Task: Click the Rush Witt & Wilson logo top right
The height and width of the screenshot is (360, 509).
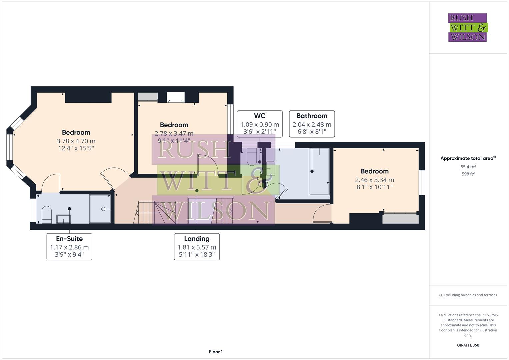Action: pos(467,27)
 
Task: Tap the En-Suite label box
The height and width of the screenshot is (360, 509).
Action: pos(69,247)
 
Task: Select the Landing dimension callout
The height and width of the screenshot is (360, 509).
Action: pos(197,247)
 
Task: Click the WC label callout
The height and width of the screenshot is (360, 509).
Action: pos(260,124)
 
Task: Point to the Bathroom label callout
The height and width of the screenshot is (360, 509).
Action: pos(312,124)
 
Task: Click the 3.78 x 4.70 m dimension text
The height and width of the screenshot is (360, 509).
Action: pos(76,141)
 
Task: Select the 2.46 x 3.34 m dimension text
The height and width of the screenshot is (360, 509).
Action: pos(374,180)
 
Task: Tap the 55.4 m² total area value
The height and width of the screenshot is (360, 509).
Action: pos(468,167)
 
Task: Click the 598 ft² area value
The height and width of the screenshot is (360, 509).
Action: pos(468,174)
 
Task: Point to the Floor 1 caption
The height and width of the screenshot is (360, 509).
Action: pos(216,352)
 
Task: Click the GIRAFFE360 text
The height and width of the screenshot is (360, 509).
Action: pos(468,345)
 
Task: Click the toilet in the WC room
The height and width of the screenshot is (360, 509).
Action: pos(251,157)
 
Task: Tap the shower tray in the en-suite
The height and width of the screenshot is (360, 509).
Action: pos(100,209)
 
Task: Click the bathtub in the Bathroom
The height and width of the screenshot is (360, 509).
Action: pos(319,172)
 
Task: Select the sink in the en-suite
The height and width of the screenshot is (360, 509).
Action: pos(63,219)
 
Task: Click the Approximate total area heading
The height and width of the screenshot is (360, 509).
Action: pos(468,158)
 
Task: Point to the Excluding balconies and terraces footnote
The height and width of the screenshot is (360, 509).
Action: pos(468,295)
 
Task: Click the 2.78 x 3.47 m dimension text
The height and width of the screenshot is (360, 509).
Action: pos(174,134)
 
